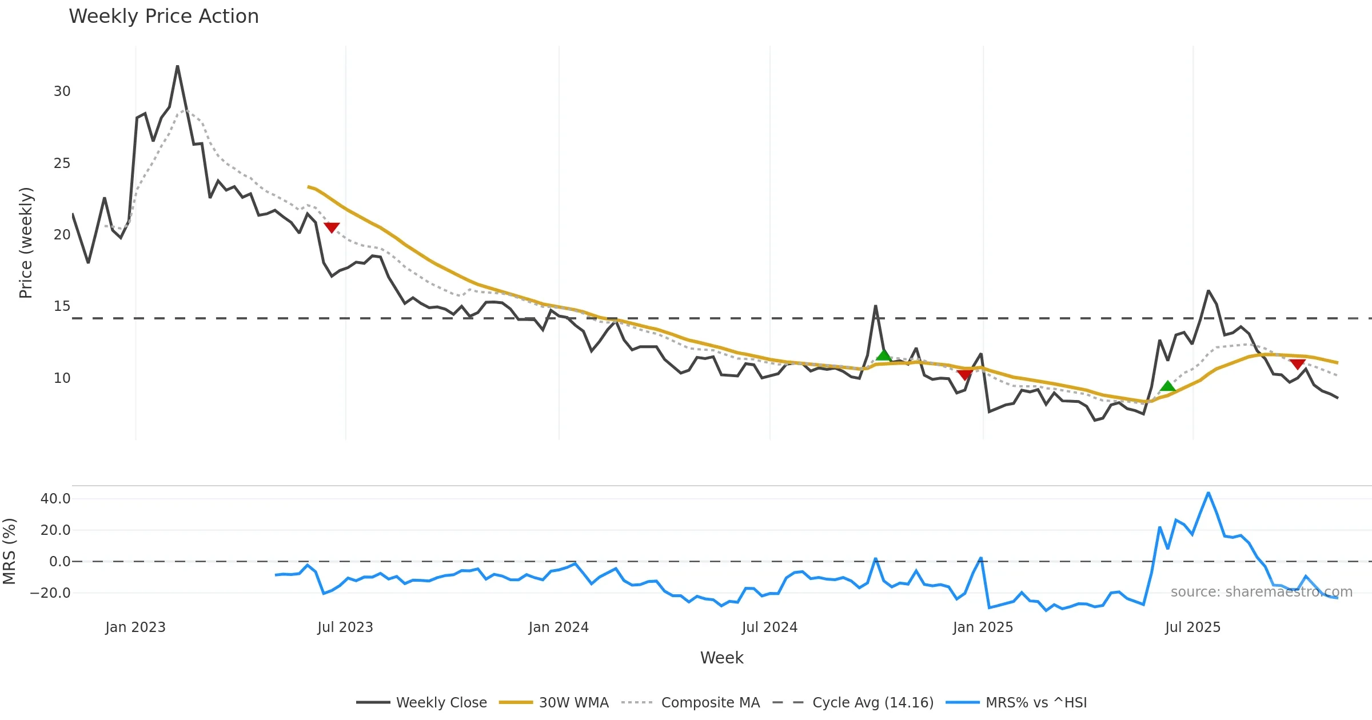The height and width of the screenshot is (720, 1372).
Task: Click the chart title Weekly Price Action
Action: [163, 17]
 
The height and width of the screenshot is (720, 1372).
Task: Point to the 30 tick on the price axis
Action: [62, 91]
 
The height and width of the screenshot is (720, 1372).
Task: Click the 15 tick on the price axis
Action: [62, 306]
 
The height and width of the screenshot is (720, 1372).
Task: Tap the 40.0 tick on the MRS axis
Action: [55, 499]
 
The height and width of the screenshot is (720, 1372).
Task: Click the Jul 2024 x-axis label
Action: [769, 627]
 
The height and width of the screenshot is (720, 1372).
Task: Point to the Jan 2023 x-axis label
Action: [135, 627]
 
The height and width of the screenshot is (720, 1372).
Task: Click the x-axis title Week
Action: [721, 658]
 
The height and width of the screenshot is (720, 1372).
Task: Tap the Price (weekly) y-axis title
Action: [26, 243]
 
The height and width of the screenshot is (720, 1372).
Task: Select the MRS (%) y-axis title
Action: [10, 551]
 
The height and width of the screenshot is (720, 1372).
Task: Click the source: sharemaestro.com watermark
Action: [1261, 592]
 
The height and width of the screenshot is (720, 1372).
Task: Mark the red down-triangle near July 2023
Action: [332, 227]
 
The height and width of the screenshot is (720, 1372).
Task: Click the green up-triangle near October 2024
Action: [883, 355]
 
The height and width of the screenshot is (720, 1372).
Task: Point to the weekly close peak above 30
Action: [177, 66]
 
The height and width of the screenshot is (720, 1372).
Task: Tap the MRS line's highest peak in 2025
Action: [1208, 493]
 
